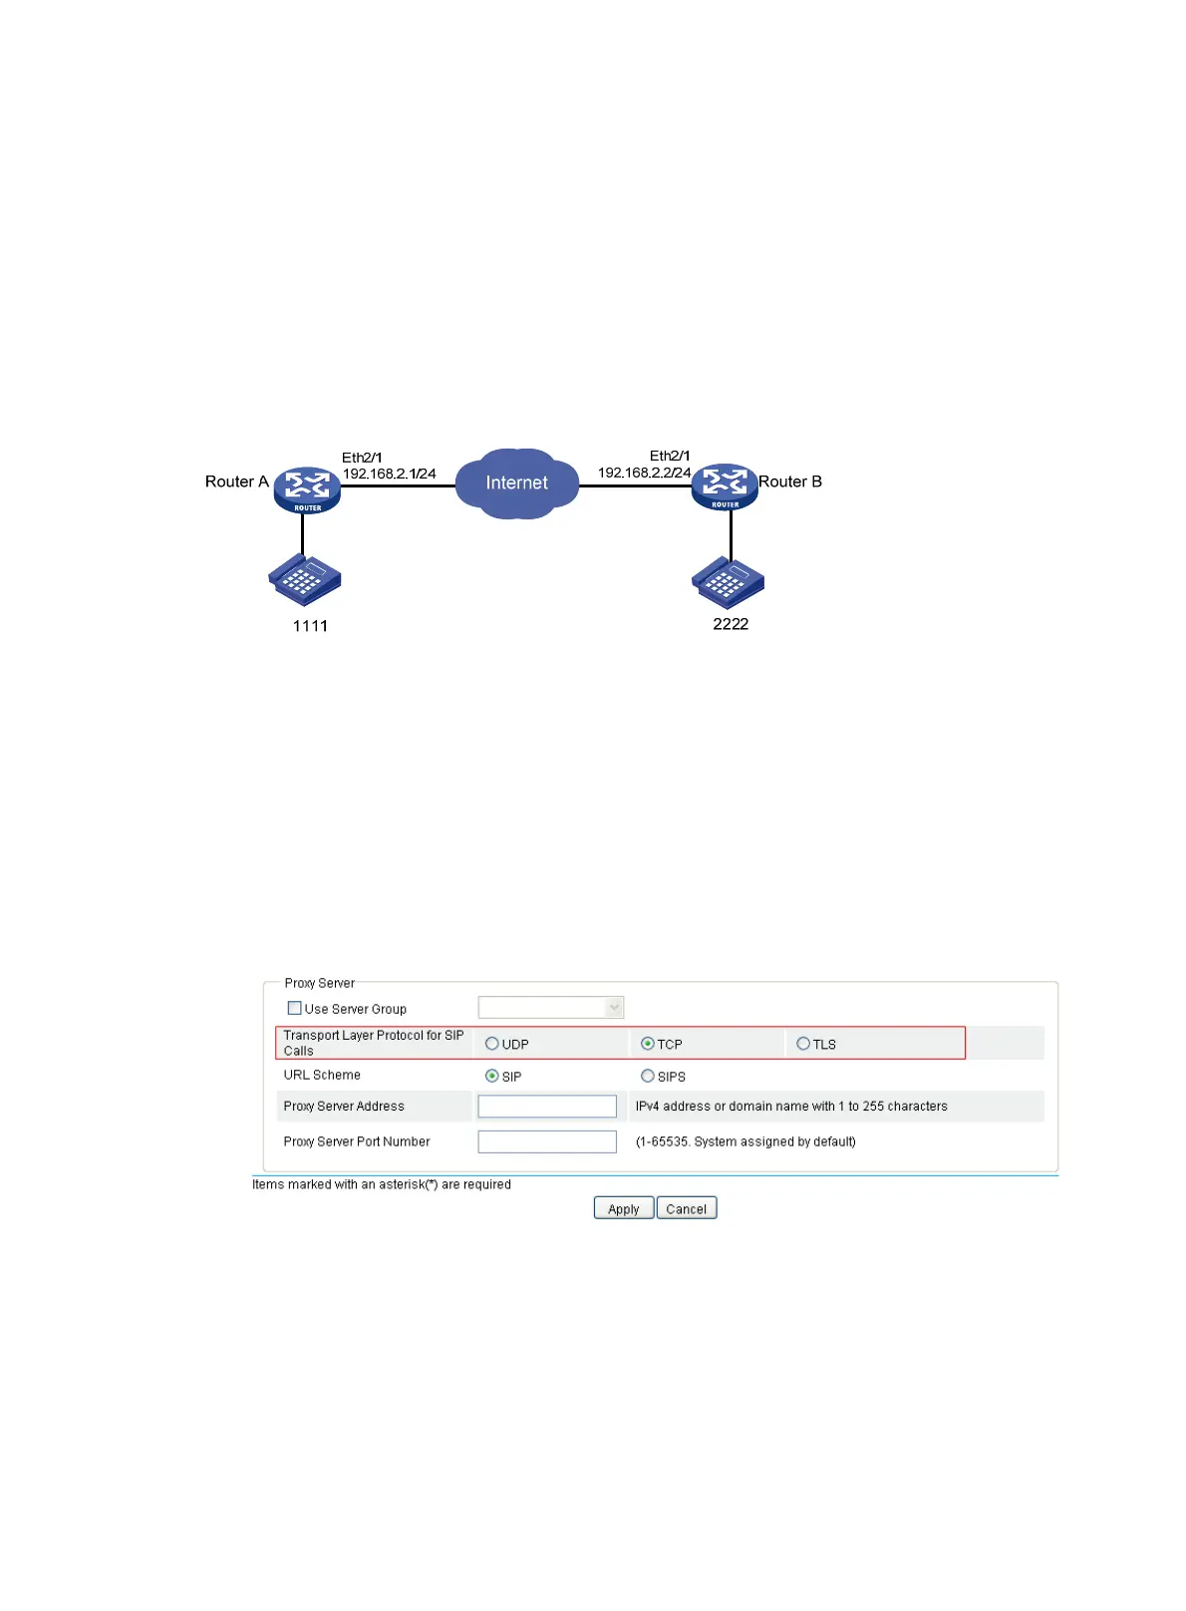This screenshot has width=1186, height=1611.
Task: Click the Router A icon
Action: tap(307, 488)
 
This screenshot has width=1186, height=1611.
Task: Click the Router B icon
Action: tap(725, 485)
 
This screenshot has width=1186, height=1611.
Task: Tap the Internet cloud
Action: tap(516, 483)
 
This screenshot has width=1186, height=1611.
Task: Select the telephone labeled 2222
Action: tap(728, 582)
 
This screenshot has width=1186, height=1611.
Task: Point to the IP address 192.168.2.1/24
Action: tap(389, 474)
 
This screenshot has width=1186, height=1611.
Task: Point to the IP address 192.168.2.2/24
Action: tap(644, 473)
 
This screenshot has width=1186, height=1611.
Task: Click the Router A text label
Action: tap(236, 482)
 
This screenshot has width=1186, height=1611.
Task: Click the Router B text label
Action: tap(790, 482)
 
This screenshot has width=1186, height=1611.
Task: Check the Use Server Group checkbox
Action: tap(294, 1008)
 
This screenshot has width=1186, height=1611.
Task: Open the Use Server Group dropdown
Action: tap(551, 1008)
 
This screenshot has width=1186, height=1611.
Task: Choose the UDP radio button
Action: tap(491, 1044)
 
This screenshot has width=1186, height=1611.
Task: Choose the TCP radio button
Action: tap(648, 1044)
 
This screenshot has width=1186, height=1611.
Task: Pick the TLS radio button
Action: tap(803, 1044)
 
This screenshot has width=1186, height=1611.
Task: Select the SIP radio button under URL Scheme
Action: tap(491, 1076)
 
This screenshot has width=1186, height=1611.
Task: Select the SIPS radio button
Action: tap(648, 1076)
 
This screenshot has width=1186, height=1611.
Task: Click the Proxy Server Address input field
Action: tap(547, 1106)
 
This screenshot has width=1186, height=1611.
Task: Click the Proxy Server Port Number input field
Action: tap(547, 1141)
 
